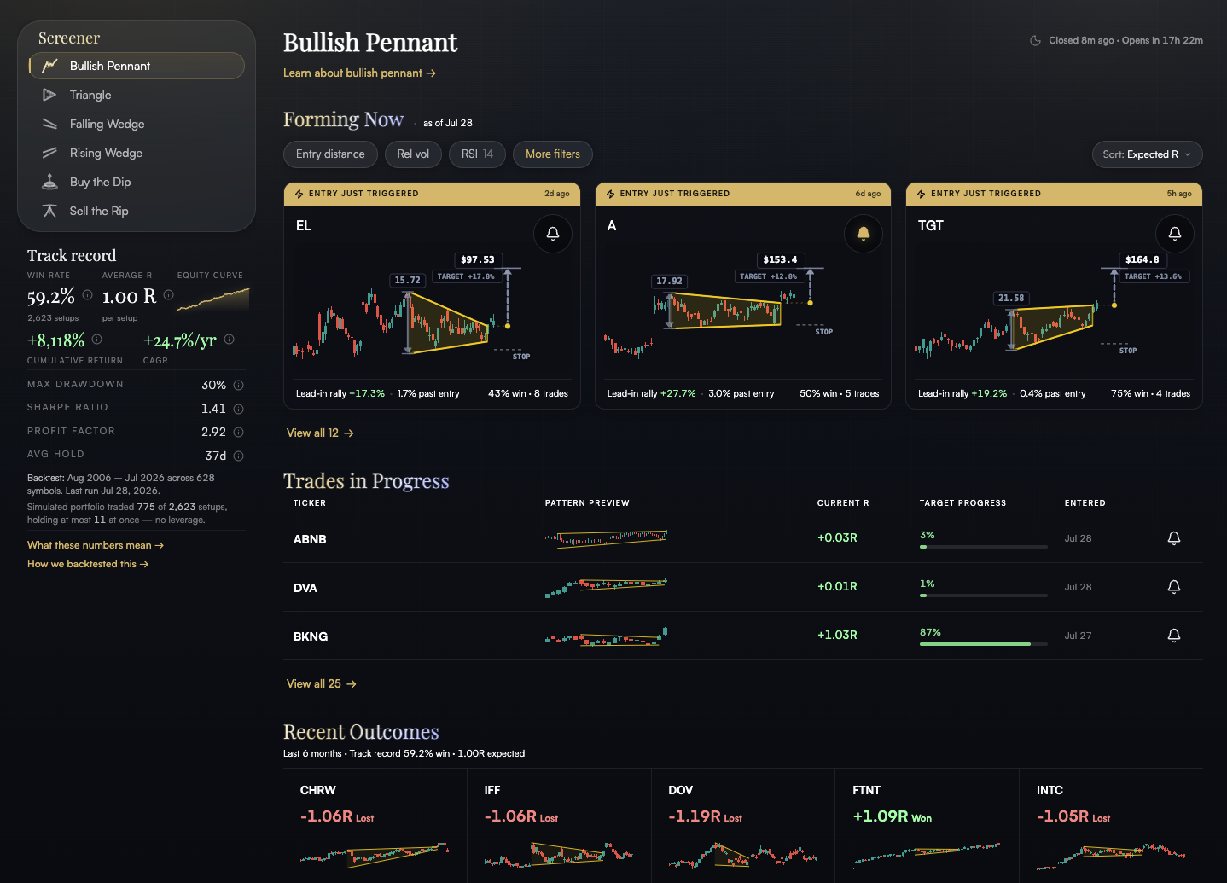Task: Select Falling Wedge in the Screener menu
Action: click(107, 124)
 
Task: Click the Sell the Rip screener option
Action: click(99, 211)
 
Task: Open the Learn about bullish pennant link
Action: click(359, 73)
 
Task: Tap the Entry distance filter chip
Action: click(330, 154)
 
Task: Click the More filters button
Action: click(553, 154)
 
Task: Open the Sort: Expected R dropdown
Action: click(1147, 154)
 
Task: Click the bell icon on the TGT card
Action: click(1174, 234)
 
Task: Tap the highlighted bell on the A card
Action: click(864, 234)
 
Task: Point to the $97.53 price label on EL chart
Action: click(477, 259)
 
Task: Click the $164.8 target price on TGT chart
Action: click(1142, 259)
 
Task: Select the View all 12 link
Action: click(320, 433)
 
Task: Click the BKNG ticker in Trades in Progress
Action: click(311, 636)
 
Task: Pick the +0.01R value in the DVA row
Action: click(837, 586)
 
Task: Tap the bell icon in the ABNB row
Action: click(1173, 538)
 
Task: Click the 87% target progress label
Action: click(930, 632)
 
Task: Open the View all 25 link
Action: click(321, 683)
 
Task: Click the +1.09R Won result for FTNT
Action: click(892, 816)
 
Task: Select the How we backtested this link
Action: click(88, 564)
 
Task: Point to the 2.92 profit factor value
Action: click(213, 432)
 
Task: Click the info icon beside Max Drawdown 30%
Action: click(238, 385)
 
